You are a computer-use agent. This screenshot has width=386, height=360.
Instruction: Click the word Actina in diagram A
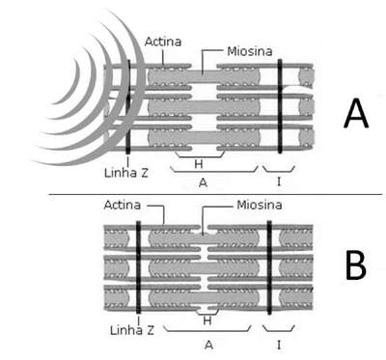(x=163, y=42)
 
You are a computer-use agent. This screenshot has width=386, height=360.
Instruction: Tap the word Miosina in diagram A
(x=250, y=51)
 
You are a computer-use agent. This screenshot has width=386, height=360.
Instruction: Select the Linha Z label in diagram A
(x=126, y=173)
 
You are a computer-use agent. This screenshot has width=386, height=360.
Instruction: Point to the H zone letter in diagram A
(x=199, y=164)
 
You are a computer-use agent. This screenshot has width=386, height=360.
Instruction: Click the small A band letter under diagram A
(x=203, y=182)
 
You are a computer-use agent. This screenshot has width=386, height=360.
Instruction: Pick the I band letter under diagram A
(x=279, y=182)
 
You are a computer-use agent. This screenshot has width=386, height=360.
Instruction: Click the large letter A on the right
(x=355, y=113)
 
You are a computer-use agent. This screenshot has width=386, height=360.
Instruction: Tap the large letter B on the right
(x=356, y=265)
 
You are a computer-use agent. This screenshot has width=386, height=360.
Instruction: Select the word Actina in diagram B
(x=123, y=205)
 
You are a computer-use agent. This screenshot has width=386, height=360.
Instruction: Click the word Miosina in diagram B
(x=260, y=205)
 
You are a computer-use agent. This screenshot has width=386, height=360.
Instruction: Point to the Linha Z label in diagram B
(x=132, y=330)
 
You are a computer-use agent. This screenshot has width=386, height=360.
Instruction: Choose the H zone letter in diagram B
(x=207, y=320)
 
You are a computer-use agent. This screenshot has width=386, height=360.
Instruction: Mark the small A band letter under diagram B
(x=208, y=346)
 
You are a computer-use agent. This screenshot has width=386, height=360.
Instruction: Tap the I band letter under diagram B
(x=279, y=346)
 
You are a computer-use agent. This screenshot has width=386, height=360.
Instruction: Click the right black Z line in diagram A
(x=280, y=106)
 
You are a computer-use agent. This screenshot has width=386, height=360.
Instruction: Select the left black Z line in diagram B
(x=139, y=267)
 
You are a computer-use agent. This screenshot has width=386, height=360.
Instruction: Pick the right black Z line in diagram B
(x=269, y=267)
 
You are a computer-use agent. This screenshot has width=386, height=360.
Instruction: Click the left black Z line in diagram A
(x=128, y=106)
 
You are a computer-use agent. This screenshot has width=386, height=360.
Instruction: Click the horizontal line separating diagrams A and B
(x=215, y=194)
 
